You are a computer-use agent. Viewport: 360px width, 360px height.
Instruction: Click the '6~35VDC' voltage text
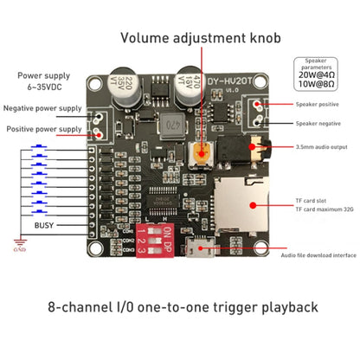42,87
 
